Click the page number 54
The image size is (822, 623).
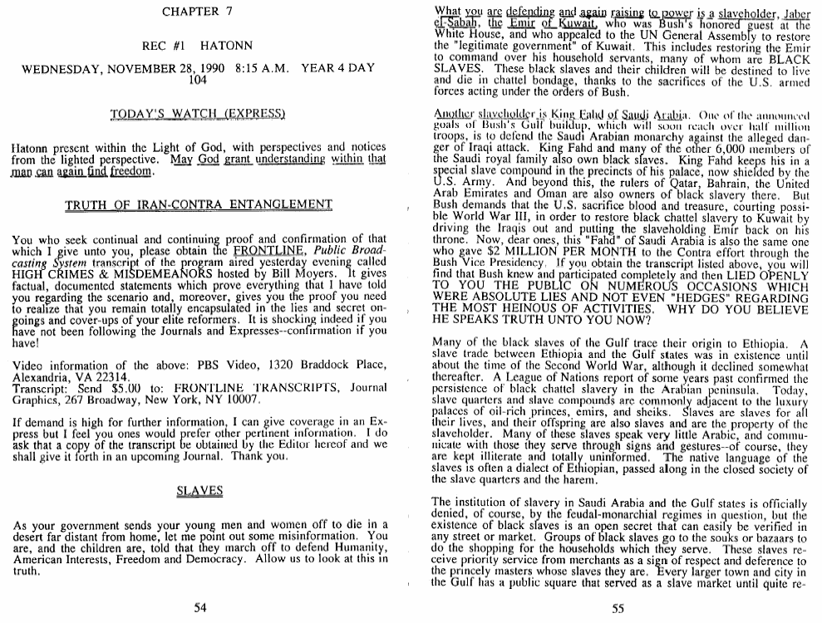[x=199, y=607]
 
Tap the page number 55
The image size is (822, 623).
[x=618, y=607]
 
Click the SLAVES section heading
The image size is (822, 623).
[x=199, y=491]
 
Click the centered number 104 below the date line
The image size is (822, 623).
[x=198, y=81]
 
